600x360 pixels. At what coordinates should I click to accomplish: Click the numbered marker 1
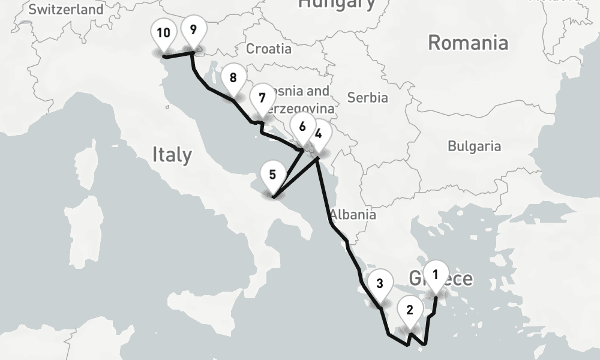click(x=436, y=275)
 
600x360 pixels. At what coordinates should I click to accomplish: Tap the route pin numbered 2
click(x=410, y=311)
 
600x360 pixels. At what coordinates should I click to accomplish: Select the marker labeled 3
click(x=380, y=284)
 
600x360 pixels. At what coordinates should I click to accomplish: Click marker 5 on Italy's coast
click(x=273, y=176)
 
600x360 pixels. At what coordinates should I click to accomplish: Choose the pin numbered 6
click(x=302, y=127)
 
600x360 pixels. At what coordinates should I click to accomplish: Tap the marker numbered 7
click(x=262, y=97)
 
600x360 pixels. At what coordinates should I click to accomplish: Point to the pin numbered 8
click(x=233, y=78)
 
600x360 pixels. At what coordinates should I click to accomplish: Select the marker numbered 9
click(x=193, y=30)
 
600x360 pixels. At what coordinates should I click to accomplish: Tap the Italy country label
click(x=172, y=155)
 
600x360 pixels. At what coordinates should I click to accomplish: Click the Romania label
click(x=468, y=43)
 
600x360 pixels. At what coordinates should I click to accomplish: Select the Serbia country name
click(x=368, y=97)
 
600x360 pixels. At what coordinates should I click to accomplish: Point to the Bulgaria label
click(x=474, y=146)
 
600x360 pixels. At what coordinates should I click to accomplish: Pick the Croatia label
click(x=269, y=49)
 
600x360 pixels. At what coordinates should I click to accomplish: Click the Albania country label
click(x=353, y=214)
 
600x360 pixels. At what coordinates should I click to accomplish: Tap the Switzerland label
click(x=66, y=10)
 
